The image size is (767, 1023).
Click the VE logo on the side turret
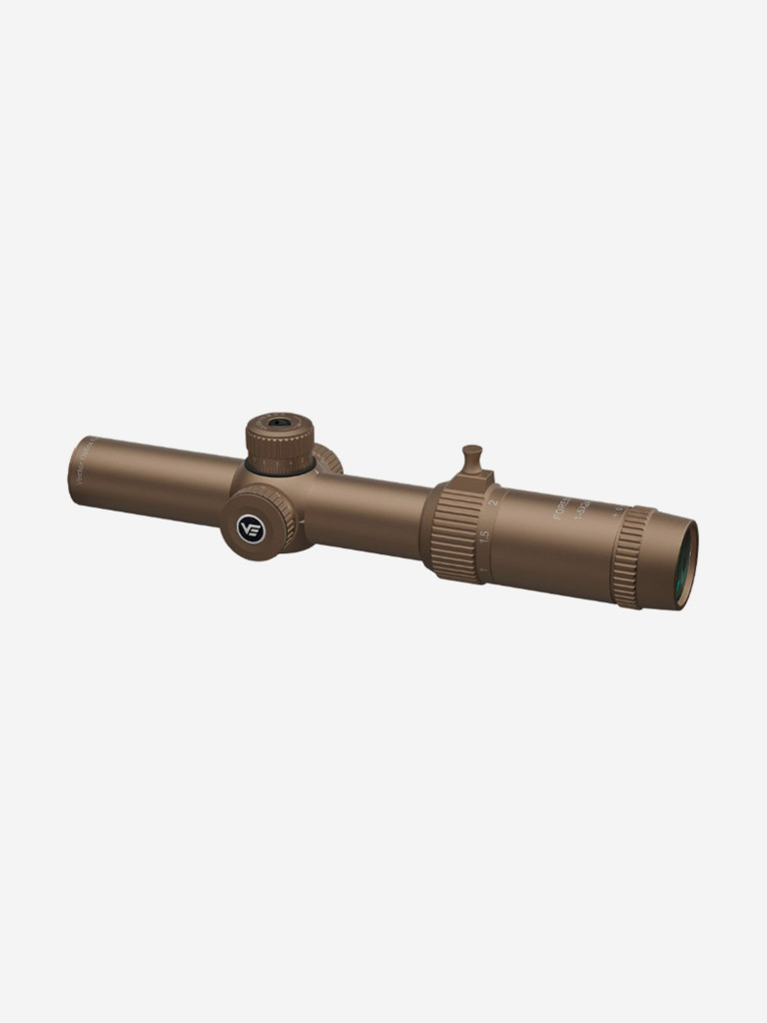[x=250, y=526]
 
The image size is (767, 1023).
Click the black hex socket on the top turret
[x=280, y=423]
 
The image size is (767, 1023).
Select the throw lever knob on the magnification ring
[x=472, y=459]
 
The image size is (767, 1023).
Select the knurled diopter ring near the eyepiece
[x=631, y=556]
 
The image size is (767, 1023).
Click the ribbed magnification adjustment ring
[x=456, y=533]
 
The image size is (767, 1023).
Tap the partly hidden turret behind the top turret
[x=329, y=461]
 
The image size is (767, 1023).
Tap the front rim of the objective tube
[x=76, y=469]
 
